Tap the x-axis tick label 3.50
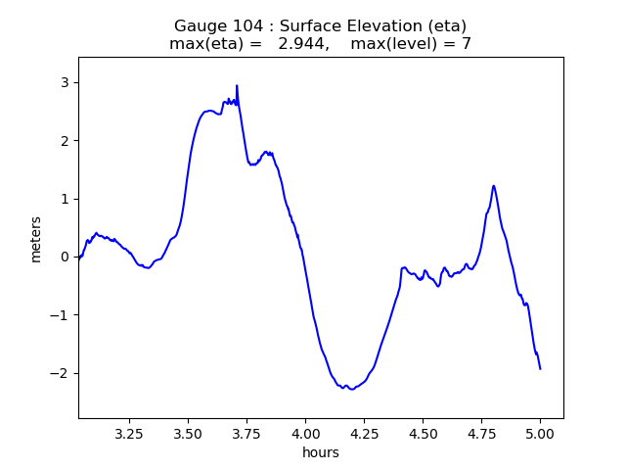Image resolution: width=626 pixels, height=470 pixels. [188, 433]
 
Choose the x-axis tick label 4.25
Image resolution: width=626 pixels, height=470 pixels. [364, 433]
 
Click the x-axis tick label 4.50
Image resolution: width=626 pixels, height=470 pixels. [423, 433]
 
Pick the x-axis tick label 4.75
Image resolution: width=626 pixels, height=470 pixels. [481, 433]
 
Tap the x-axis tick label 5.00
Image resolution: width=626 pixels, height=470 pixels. [540, 433]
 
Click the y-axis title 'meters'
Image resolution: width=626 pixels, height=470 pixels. [36, 239]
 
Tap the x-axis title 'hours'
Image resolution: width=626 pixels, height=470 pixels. [321, 452]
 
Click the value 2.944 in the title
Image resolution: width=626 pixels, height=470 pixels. [300, 44]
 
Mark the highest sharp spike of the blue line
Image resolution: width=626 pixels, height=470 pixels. [237, 86]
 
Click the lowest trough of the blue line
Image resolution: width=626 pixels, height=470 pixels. [350, 389]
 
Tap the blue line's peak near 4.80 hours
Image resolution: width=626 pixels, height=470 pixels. [494, 185]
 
